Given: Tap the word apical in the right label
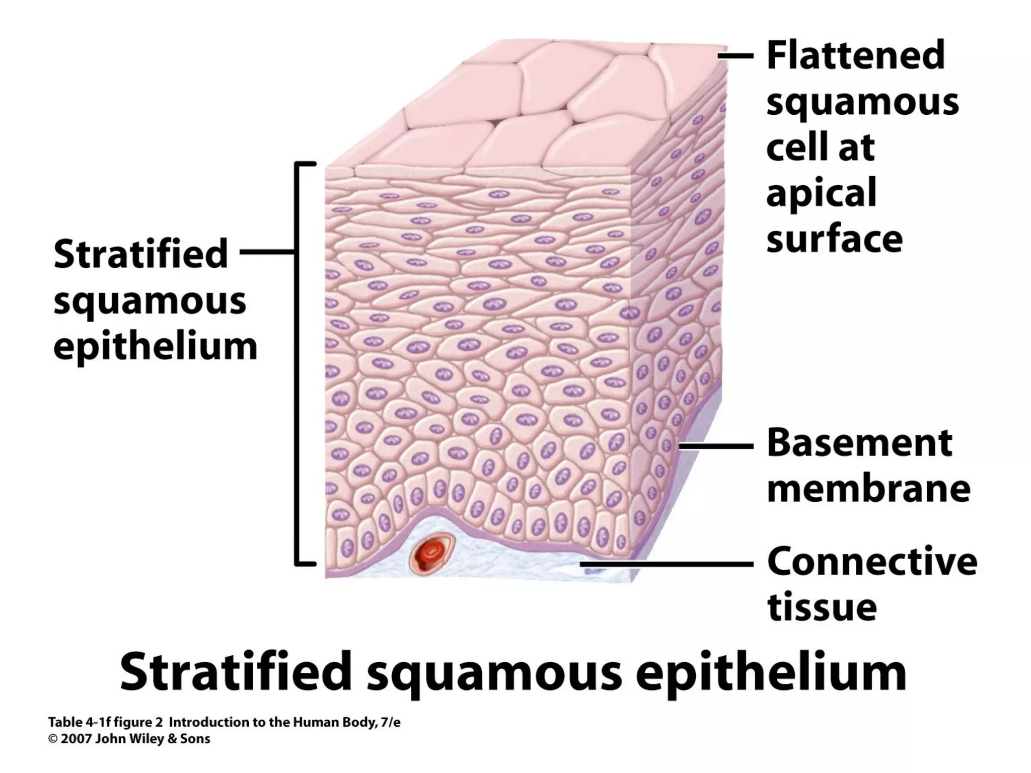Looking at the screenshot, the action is point(821,193).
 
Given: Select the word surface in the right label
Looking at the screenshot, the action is point(834,239).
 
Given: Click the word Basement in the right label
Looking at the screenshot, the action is point(859,443).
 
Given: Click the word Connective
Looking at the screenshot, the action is point(872,561).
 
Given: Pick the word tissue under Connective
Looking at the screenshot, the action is point(822,607).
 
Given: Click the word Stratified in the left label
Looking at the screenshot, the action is point(141,254).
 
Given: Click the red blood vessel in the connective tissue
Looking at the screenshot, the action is point(432,554).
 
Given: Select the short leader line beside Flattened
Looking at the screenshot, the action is point(735,56).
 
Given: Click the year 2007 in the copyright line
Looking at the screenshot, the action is point(77,739).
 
